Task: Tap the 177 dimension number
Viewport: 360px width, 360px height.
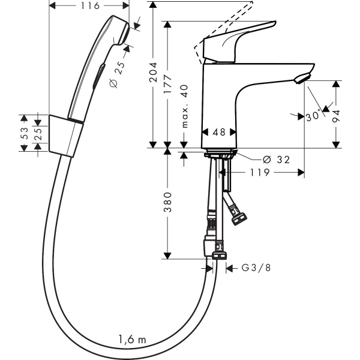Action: pyautogui.click(x=168, y=82)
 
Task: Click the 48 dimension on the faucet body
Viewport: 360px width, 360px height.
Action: pyautogui.click(x=218, y=133)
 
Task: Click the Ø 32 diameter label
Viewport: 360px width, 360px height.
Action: pyautogui.click(x=272, y=160)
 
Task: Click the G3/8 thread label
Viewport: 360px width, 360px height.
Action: pyautogui.click(x=256, y=268)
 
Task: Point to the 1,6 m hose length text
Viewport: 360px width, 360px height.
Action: pyautogui.click(x=132, y=340)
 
